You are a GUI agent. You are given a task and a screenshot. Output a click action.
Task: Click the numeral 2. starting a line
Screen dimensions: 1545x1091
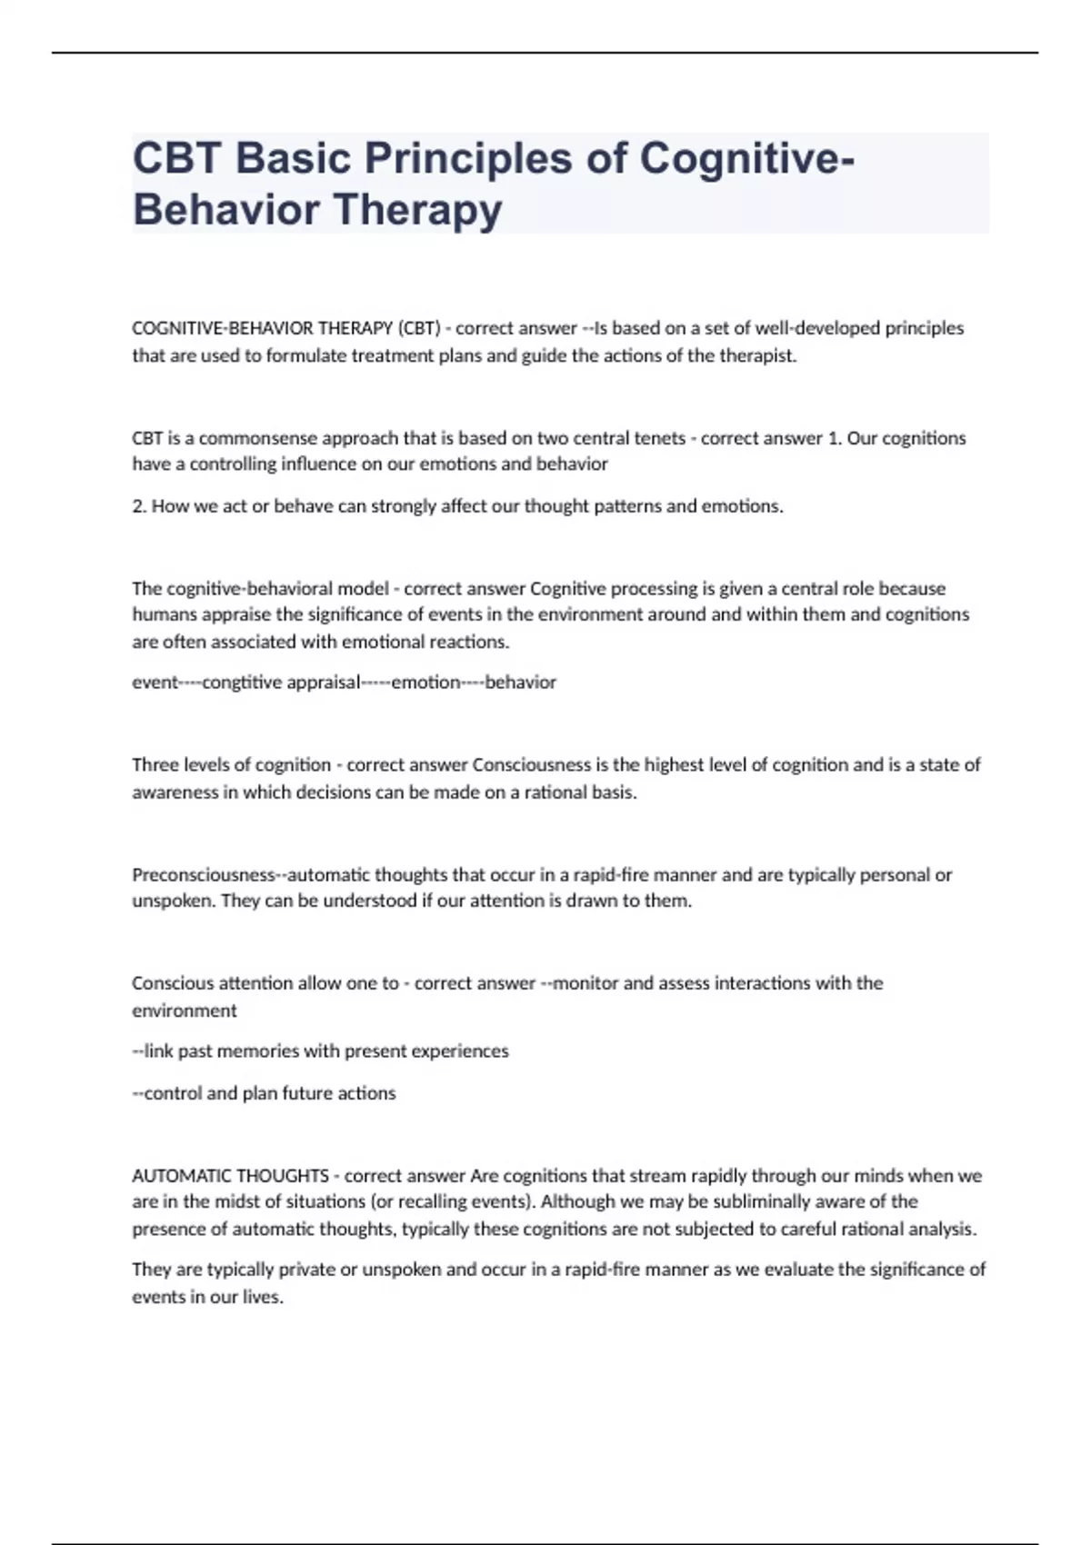pyautogui.click(x=139, y=506)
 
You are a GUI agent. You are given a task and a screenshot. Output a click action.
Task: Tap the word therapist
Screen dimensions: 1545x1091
pyautogui.click(x=757, y=355)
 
